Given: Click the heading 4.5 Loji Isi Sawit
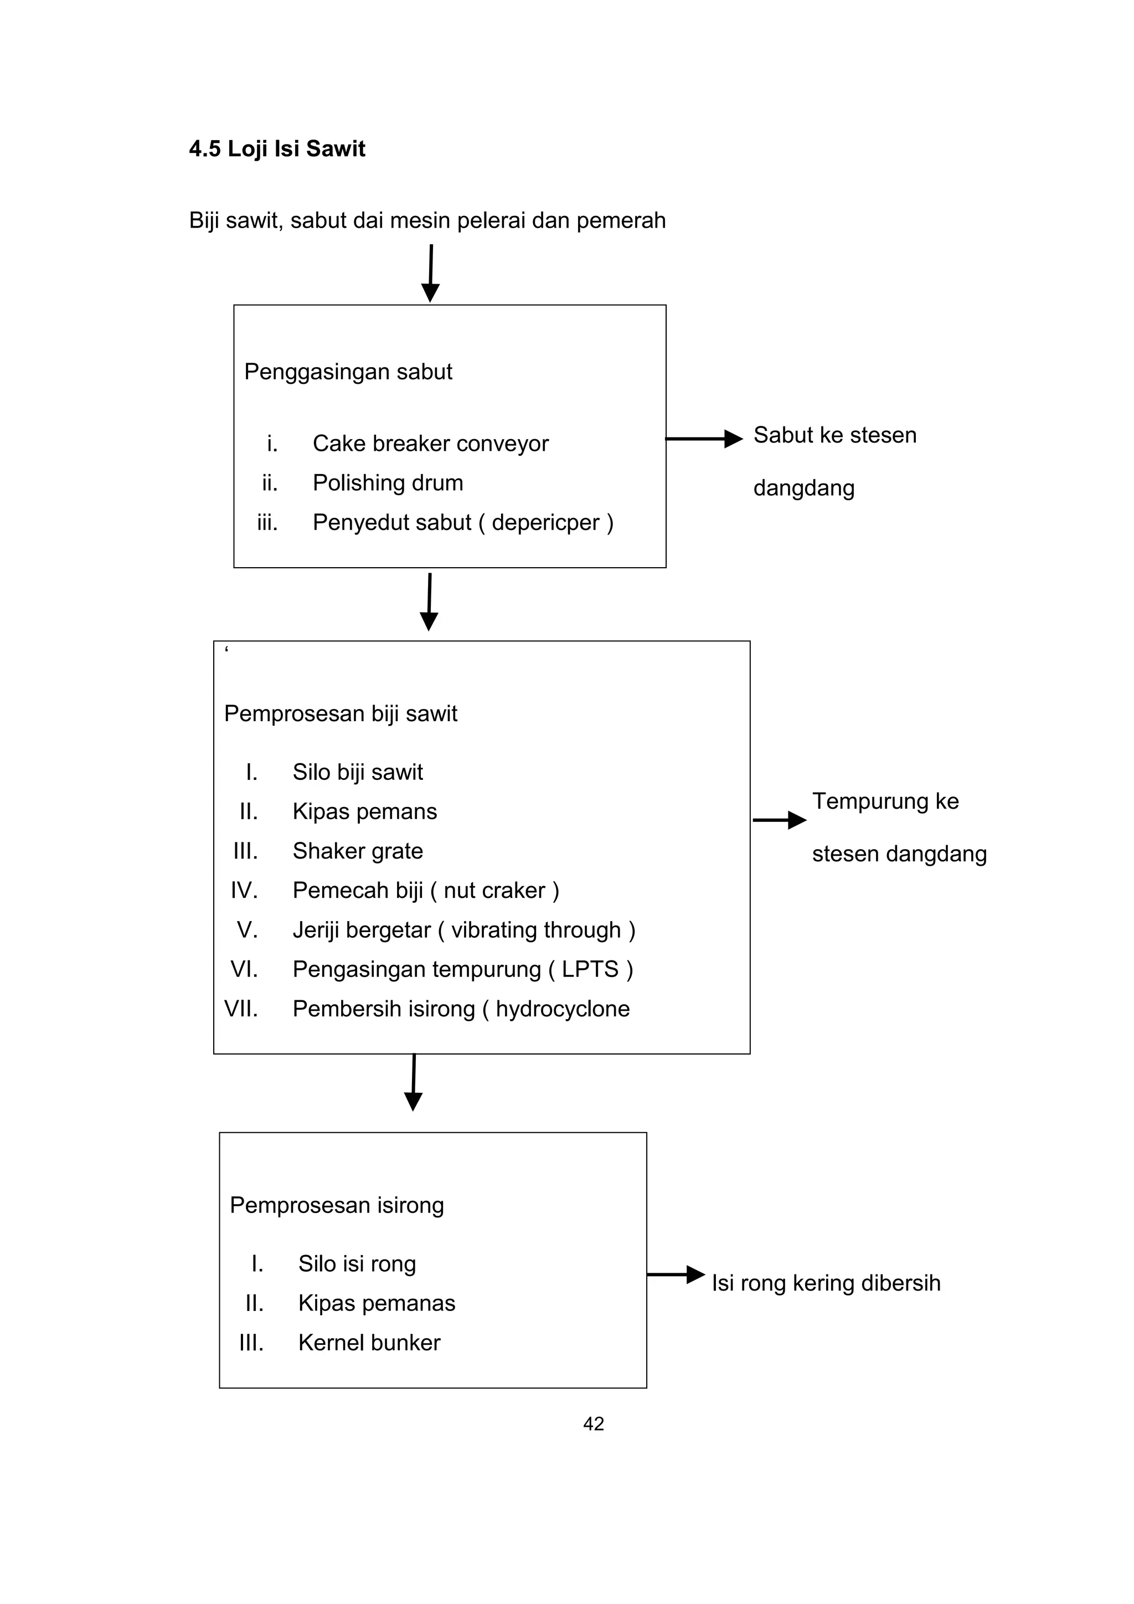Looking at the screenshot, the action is click(277, 149).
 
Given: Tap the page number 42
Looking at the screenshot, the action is click(594, 1424).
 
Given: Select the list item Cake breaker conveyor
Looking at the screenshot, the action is click(431, 444).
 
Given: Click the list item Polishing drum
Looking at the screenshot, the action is click(388, 483).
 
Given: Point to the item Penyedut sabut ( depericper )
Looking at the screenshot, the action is click(463, 522).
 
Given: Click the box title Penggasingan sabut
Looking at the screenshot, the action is click(348, 372).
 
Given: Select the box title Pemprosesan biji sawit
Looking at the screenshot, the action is click(341, 714).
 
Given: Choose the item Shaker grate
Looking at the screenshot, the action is click(358, 851).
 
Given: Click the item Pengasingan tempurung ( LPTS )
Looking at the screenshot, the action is click(463, 970).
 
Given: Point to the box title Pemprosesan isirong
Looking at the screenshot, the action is click(337, 1206).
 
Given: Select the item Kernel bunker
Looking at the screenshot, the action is click(369, 1343).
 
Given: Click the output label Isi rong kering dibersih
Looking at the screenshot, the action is click(827, 1283).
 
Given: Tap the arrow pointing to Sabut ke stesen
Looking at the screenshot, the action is click(704, 439).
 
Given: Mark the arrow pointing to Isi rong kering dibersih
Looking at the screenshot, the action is click(676, 1274).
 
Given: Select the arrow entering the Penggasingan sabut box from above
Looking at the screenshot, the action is click(431, 273).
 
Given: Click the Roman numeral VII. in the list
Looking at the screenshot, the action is click(241, 1009).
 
